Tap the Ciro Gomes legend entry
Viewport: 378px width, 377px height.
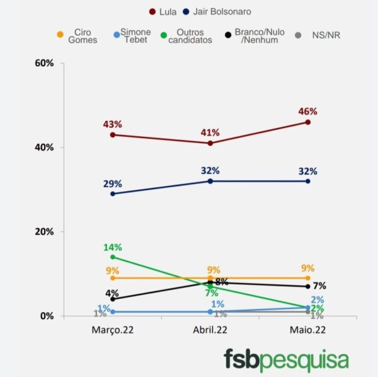point(83,35)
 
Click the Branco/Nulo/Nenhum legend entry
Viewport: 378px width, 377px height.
point(256,35)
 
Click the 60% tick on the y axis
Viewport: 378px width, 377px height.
point(49,64)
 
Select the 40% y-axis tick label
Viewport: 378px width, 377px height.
point(49,148)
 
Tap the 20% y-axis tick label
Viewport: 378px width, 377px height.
point(49,231)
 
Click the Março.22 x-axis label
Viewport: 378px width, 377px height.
point(113,329)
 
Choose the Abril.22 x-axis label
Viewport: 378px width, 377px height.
point(210,329)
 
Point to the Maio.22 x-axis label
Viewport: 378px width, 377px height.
point(308,329)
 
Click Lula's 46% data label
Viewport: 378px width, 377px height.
point(308,112)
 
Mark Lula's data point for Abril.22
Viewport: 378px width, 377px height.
point(210,143)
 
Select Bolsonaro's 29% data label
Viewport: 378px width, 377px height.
point(113,183)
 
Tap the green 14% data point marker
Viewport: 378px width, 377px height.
point(113,257)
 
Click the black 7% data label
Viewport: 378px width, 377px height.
point(319,286)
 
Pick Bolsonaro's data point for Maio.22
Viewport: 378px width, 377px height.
point(308,181)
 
